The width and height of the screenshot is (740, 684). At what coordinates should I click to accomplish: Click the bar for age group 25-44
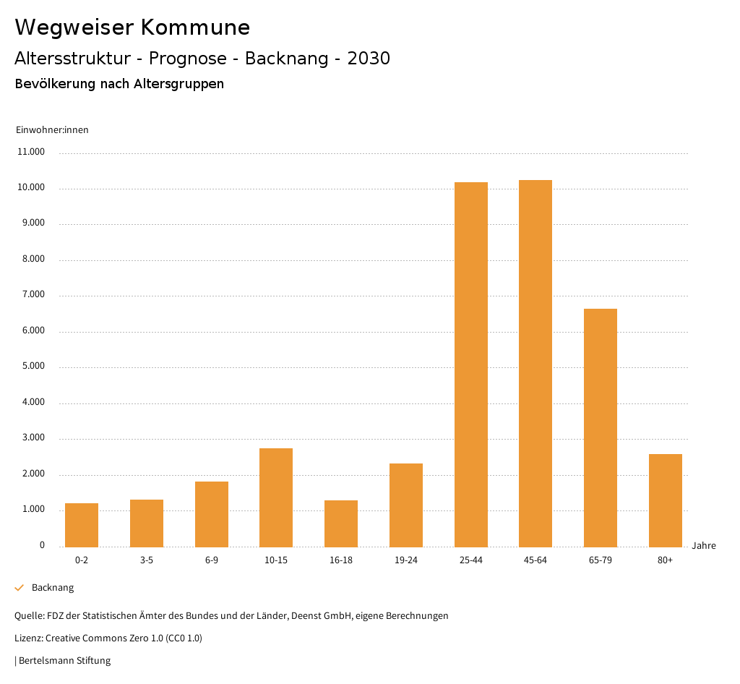coord(470,364)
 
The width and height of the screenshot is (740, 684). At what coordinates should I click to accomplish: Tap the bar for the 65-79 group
coord(601,427)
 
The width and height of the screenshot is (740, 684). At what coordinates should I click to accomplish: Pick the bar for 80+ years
coord(665,500)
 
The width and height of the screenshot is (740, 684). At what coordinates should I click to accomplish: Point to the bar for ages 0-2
coord(82,525)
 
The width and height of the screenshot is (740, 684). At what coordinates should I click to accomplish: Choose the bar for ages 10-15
coord(276,497)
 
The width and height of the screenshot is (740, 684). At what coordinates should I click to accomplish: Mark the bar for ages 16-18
coord(341,523)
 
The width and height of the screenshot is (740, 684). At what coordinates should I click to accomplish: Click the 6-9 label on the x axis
coord(212,560)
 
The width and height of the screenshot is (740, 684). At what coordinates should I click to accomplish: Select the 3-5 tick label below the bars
coord(147,560)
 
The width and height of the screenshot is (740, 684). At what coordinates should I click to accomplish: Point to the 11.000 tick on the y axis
coord(32,153)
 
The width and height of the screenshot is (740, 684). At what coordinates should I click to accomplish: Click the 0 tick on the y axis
coord(42,545)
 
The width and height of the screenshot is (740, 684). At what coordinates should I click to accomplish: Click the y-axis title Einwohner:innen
coord(52,130)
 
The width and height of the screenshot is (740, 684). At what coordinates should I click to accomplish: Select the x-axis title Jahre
coord(703,546)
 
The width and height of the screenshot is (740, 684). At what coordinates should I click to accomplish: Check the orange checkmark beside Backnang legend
coord(20,588)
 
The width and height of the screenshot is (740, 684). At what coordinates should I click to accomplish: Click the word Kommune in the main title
coord(195,27)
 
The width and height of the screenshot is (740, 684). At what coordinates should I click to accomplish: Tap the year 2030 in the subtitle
coord(369,59)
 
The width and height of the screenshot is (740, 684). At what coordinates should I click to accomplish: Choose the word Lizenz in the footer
coord(28,638)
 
